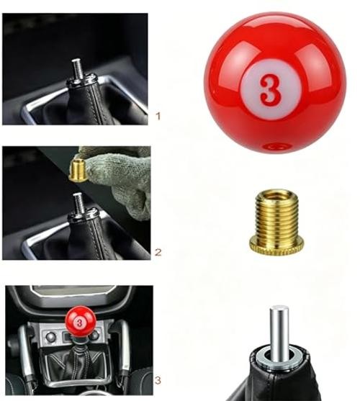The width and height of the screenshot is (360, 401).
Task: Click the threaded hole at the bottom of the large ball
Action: coord(277,146)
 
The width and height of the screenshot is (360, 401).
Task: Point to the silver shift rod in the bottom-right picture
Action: coord(279,330)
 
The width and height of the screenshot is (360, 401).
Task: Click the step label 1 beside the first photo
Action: coord(158,117)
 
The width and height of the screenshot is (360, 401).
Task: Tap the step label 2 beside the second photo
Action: coord(158,253)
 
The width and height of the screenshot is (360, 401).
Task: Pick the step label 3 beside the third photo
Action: coord(158,380)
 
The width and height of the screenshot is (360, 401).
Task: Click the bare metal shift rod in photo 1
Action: coord(76,67)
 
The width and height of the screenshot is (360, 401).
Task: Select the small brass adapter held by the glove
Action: coord(78,170)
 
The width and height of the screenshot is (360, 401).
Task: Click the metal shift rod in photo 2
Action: coord(78,202)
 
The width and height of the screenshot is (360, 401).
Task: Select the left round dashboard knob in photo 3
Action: coord(50,337)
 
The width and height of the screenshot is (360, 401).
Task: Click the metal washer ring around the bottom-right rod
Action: coord(279,358)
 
